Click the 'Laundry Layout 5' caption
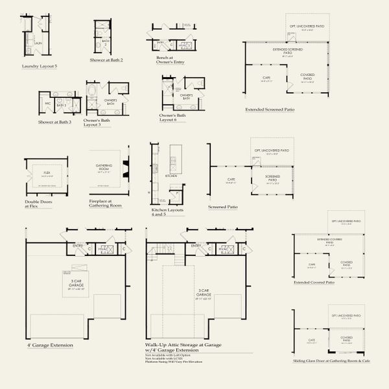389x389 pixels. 39,66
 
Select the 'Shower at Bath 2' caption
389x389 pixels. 106,60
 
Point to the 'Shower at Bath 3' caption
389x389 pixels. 54,122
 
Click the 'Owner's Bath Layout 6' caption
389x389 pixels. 174,117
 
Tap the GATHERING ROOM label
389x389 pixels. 104,167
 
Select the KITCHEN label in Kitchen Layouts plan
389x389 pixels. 171,176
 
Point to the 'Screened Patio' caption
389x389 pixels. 222,207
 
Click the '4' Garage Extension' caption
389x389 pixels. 50,346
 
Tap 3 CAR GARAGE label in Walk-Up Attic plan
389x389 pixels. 195,294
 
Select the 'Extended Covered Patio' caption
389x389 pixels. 314,283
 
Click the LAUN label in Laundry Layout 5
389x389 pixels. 38,43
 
